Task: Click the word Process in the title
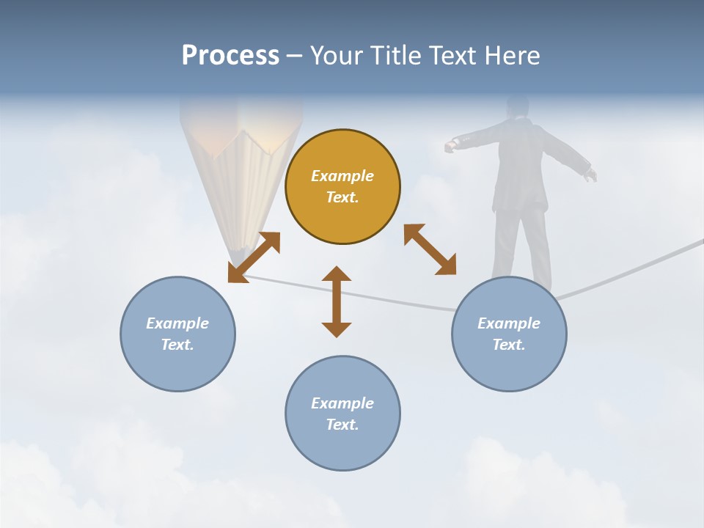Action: pyautogui.click(x=230, y=55)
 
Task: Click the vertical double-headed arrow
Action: pyautogui.click(x=337, y=301)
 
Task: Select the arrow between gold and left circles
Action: pyautogui.click(x=254, y=257)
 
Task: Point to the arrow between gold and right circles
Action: pyautogui.click(x=430, y=249)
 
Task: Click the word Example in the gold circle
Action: pyautogui.click(x=342, y=176)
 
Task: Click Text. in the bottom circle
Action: pyautogui.click(x=342, y=425)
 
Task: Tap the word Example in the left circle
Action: pyautogui.click(x=177, y=323)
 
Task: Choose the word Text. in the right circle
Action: pyautogui.click(x=509, y=345)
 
